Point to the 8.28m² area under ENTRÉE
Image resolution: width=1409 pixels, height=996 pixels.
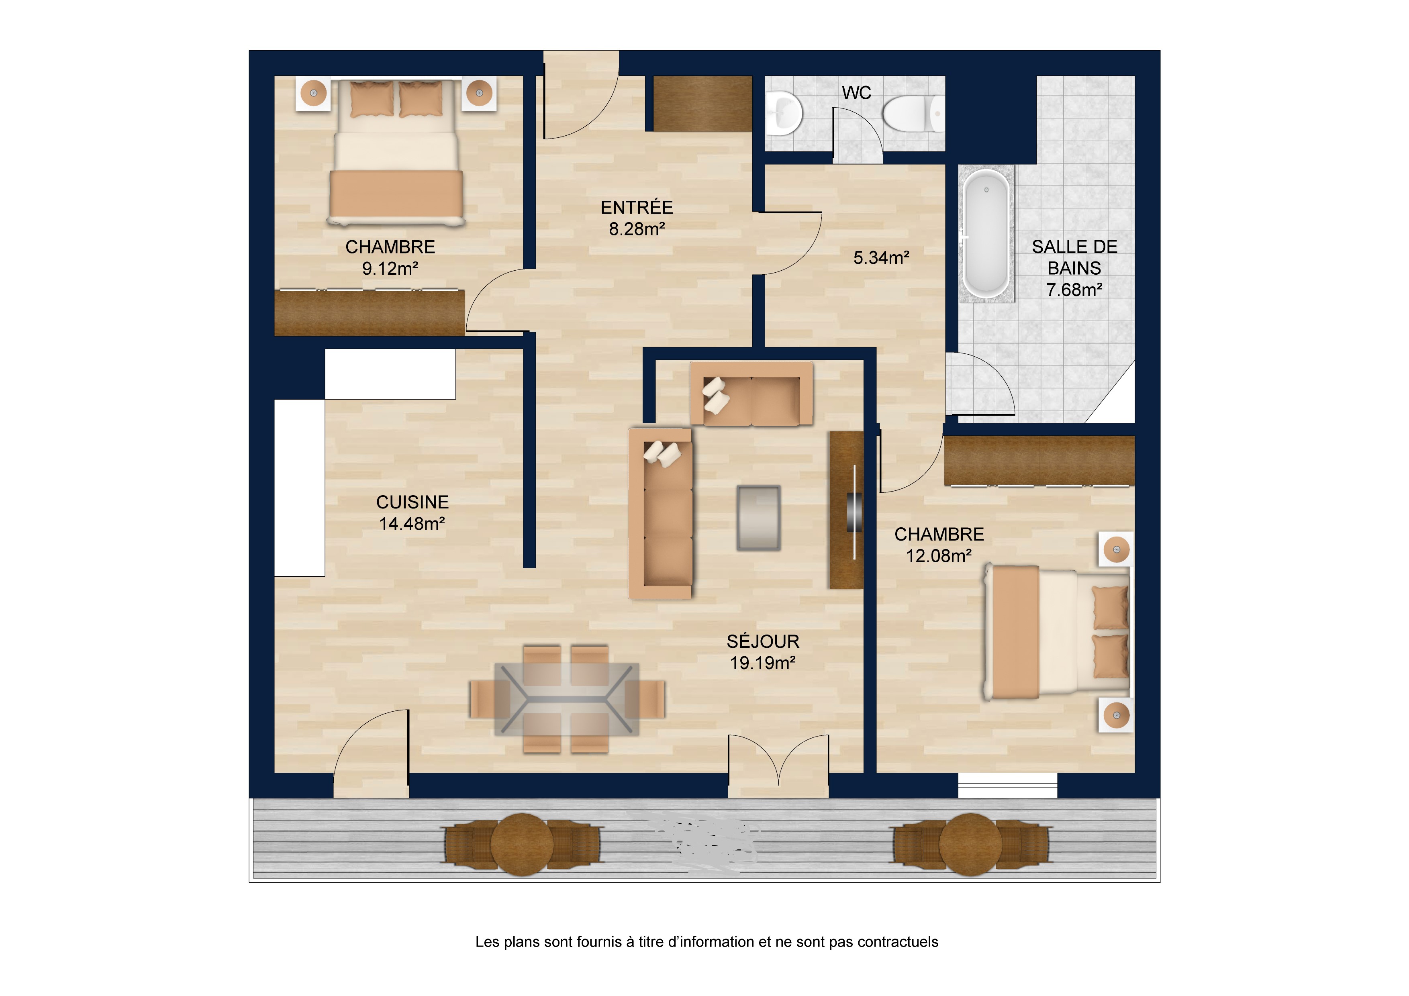[x=637, y=229]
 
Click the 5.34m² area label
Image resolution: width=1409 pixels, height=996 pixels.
[x=881, y=258]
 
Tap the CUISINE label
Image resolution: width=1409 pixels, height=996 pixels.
[x=412, y=502]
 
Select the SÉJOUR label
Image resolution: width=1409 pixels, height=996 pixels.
[x=763, y=641]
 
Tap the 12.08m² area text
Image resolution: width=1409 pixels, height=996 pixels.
[x=939, y=556]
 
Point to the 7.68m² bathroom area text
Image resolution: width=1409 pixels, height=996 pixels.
[x=1074, y=290]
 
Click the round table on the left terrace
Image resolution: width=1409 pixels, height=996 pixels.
[x=522, y=845]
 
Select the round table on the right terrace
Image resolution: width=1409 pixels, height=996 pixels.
[x=970, y=845]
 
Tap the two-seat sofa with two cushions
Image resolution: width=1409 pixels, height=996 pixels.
[x=751, y=393]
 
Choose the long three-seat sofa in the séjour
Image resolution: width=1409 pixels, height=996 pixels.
[x=661, y=513]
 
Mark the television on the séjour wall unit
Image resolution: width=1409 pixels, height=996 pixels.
[x=854, y=512]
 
